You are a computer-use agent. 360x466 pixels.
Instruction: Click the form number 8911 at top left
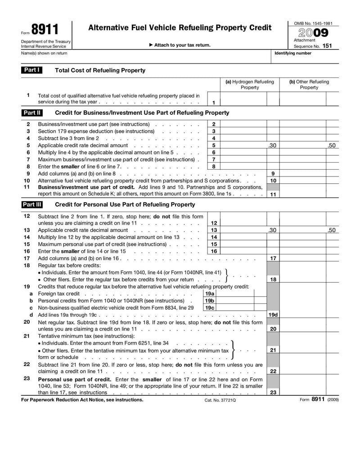click(x=45, y=30)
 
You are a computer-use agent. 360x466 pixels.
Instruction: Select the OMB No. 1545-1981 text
click(x=313, y=23)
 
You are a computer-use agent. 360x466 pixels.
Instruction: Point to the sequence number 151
click(x=327, y=46)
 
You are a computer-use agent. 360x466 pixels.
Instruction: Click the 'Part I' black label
click(x=31, y=70)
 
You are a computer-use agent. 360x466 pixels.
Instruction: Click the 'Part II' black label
click(x=32, y=113)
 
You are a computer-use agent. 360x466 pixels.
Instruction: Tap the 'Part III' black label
click(x=32, y=204)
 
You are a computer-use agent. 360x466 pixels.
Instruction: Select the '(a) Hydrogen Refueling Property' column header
click(x=249, y=85)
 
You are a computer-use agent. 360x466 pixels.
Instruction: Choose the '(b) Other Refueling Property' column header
click(x=309, y=85)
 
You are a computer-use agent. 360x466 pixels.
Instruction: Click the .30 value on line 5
click(x=272, y=145)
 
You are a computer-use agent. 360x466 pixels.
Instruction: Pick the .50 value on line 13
click(x=332, y=230)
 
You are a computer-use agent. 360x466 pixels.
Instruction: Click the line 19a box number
click(x=209, y=294)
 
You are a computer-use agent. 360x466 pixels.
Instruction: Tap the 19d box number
click(x=273, y=315)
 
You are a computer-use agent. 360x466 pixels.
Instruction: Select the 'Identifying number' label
click(x=293, y=53)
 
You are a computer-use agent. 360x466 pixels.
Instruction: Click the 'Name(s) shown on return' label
click(x=44, y=53)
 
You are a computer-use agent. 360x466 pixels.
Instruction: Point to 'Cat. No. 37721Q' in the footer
click(x=220, y=399)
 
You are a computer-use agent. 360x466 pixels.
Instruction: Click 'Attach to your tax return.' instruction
click(x=180, y=45)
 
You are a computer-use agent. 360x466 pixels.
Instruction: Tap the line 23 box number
click(x=273, y=392)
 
